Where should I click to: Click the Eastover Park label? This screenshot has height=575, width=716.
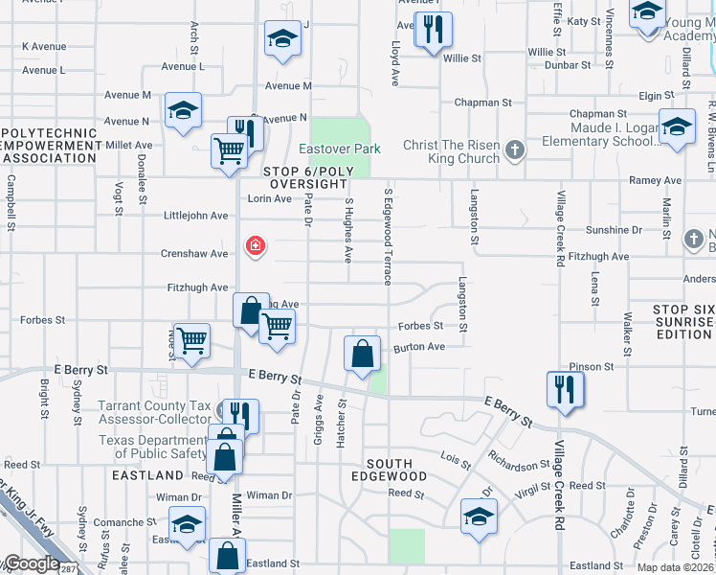(x=339, y=149)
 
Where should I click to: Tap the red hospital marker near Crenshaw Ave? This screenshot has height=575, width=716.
(x=255, y=246)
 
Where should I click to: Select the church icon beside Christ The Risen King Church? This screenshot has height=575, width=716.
(x=515, y=149)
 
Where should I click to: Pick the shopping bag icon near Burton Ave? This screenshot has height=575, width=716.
(x=363, y=354)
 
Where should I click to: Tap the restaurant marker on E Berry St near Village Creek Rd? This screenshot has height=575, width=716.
(x=563, y=389)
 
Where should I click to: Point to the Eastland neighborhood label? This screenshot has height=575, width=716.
(x=147, y=475)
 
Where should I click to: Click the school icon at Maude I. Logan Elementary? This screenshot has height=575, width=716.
(x=677, y=127)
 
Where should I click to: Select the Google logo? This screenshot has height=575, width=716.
(x=31, y=563)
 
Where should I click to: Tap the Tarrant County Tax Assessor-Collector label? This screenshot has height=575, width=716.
(x=154, y=412)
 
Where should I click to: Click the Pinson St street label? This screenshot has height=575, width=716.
(x=591, y=367)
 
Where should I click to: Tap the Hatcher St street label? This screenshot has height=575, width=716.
(x=341, y=414)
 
